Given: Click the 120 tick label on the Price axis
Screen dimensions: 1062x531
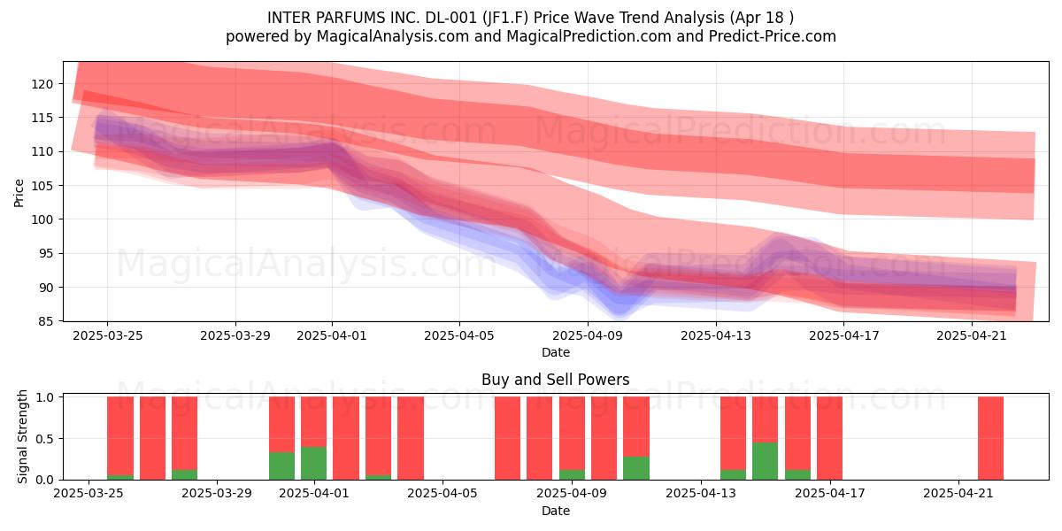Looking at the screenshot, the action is coord(42,84).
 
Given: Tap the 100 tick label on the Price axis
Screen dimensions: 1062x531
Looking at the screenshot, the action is coord(42,219).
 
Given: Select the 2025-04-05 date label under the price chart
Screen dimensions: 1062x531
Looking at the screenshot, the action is coord(459,336).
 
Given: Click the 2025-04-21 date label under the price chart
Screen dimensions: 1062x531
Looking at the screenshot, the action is coord(972,336).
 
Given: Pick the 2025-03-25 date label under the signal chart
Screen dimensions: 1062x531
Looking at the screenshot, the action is coord(88,494).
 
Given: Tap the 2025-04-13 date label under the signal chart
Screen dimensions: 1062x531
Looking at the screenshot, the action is coord(701,494).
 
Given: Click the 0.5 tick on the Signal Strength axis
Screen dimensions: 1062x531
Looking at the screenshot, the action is coord(44,439).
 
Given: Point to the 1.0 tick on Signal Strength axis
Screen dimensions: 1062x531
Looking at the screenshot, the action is coord(44,397).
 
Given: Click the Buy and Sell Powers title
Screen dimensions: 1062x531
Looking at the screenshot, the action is coord(555,380).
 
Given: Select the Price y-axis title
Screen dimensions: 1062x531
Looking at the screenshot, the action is coord(19,193).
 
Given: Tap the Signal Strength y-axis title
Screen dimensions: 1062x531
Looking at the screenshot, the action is coord(22,436).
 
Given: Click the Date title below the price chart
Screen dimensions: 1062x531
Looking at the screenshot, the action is coord(556,353).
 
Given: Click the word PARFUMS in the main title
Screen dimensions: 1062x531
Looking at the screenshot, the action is coord(356,18).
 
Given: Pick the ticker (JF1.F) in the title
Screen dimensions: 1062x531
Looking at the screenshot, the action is coord(506,18).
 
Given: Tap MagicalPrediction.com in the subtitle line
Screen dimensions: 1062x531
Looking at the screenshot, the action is coord(589,36).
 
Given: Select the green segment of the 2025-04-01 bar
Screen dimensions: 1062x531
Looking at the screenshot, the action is coord(314,463).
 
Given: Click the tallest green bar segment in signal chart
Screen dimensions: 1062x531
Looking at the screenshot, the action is coord(766,461).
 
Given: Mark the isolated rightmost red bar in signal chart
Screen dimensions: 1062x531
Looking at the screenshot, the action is coord(991,438).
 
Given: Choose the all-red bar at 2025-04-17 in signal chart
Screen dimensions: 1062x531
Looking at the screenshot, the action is coord(830,438).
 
